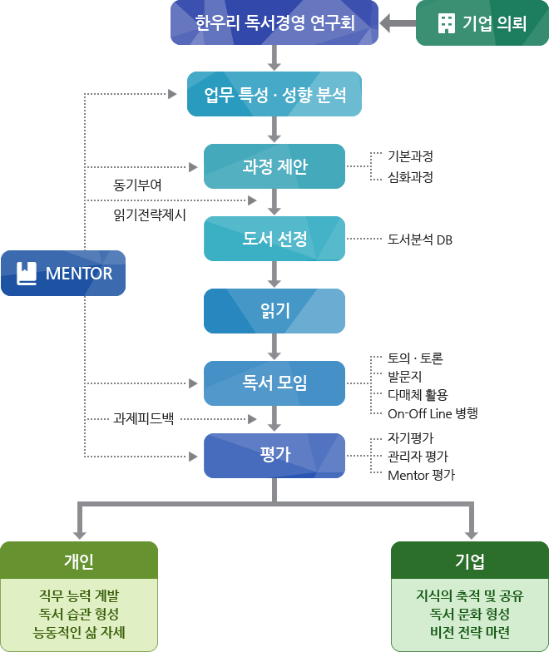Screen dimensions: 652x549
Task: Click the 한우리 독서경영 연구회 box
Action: (x=274, y=22)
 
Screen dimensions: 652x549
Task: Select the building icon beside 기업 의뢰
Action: (x=446, y=23)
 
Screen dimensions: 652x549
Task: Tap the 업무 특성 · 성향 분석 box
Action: (x=274, y=93)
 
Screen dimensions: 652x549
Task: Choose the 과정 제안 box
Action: (x=274, y=166)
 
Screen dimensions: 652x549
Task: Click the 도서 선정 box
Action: (x=274, y=240)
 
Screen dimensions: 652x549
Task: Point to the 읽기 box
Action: (x=274, y=311)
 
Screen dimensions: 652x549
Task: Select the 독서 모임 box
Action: (x=274, y=383)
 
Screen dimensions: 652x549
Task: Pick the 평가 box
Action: (x=274, y=456)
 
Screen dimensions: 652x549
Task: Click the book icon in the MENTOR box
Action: (x=27, y=274)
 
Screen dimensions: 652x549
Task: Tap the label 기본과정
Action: (x=410, y=156)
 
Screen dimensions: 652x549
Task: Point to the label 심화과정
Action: (x=410, y=177)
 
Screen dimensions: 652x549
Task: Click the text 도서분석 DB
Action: (x=420, y=240)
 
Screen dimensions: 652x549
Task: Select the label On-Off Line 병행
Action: (x=433, y=413)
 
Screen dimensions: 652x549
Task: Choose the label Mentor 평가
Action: (x=421, y=476)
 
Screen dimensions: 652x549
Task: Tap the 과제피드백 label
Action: (x=143, y=418)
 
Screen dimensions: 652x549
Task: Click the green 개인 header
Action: (x=79, y=560)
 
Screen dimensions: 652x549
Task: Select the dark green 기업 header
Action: (x=470, y=560)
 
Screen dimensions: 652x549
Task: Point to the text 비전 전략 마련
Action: (x=470, y=632)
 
